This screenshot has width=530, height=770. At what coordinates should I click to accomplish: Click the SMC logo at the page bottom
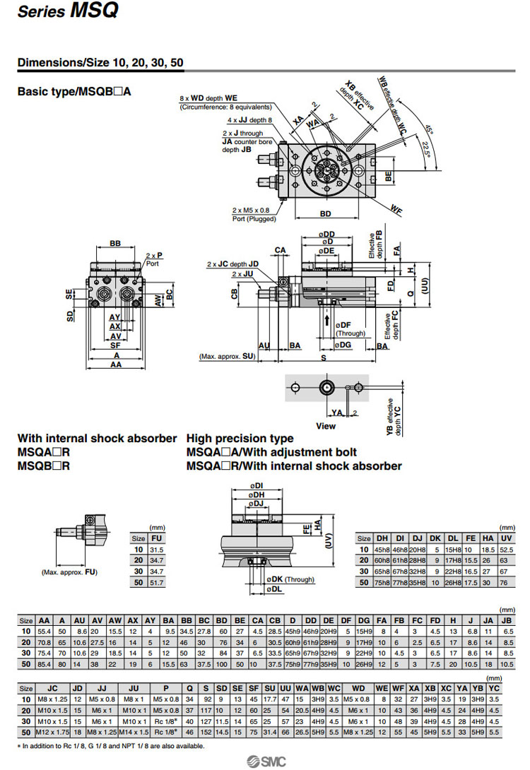[x=264, y=760]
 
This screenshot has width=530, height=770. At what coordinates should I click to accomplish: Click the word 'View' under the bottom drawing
[x=326, y=426]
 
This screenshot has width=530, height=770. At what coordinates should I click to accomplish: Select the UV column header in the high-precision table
[x=506, y=538]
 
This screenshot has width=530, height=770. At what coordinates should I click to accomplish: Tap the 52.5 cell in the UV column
[x=506, y=549]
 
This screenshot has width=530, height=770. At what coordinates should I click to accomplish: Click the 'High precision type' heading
[x=240, y=438]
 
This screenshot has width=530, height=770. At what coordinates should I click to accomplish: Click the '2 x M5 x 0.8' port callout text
[x=251, y=210]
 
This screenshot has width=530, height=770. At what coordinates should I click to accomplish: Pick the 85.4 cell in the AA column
[x=44, y=663]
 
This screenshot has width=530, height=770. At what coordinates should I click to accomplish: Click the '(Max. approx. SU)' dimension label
[x=227, y=357]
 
